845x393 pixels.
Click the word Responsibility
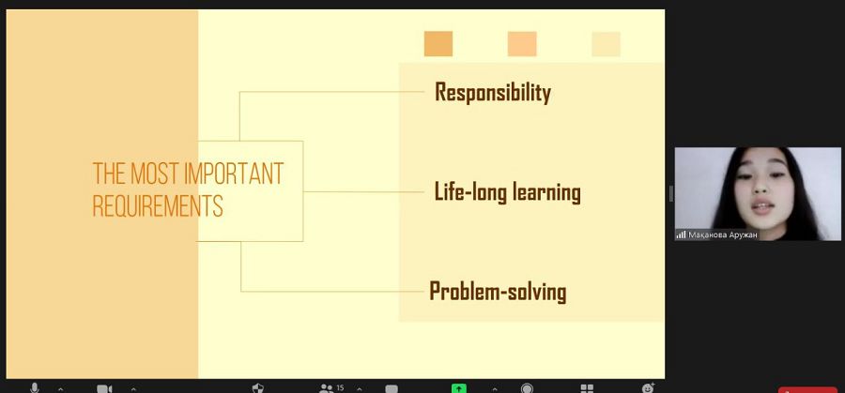click(x=493, y=93)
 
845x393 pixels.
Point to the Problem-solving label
click(x=498, y=292)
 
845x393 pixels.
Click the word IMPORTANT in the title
click(x=234, y=174)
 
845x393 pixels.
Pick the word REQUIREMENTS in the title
click(x=158, y=205)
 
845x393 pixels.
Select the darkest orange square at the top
click(x=438, y=43)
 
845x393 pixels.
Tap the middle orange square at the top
click(x=522, y=43)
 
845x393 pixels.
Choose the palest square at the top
click(x=606, y=43)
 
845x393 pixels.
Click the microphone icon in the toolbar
click(x=35, y=388)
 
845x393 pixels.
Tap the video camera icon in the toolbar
click(x=104, y=388)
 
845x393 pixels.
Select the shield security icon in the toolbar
click(x=258, y=388)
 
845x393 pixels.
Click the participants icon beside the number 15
click(x=326, y=388)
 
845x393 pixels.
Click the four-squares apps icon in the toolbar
click(x=587, y=388)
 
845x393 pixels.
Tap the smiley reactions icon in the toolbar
click(x=648, y=387)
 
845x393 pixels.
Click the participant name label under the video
click(x=723, y=235)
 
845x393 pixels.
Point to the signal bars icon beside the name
click(x=682, y=235)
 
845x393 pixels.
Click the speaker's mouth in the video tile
click(x=762, y=206)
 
